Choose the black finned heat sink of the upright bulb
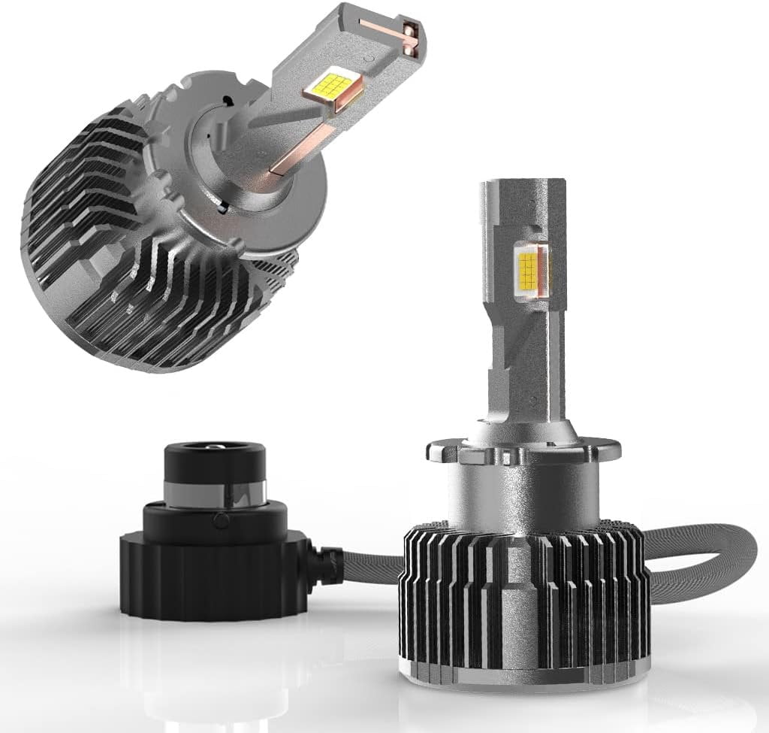(518, 586)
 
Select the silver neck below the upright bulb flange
(518, 492)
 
